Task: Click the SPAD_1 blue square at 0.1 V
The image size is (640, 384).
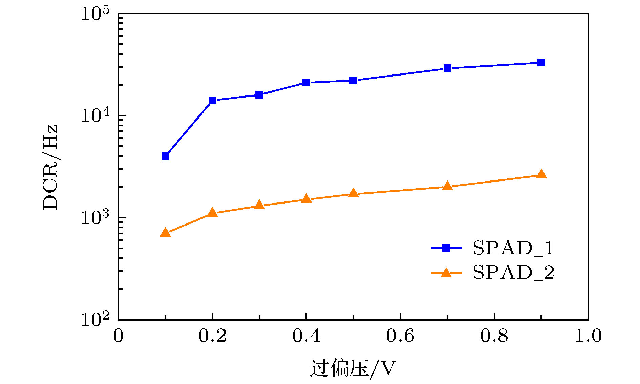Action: (x=165, y=156)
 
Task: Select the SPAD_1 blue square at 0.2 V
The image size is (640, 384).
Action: (x=212, y=100)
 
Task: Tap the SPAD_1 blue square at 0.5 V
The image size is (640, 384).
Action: (x=353, y=81)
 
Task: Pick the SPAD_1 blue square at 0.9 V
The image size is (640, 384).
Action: (x=541, y=63)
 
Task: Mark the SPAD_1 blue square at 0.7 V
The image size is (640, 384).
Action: (x=447, y=68)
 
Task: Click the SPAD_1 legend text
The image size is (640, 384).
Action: (x=513, y=248)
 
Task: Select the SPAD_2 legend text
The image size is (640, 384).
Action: (x=513, y=273)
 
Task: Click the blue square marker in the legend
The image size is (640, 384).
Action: (x=446, y=248)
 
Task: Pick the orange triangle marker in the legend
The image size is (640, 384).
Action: (x=446, y=273)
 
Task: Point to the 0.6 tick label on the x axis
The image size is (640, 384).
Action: (x=400, y=336)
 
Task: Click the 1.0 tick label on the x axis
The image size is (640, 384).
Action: (x=588, y=336)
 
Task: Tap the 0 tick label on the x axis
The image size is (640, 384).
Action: (x=118, y=336)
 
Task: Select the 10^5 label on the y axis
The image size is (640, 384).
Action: (x=95, y=14)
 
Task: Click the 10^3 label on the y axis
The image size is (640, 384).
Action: (x=95, y=218)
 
